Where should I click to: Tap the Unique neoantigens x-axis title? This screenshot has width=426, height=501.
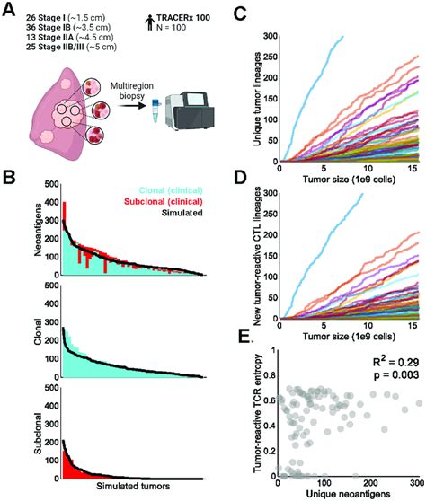349,493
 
